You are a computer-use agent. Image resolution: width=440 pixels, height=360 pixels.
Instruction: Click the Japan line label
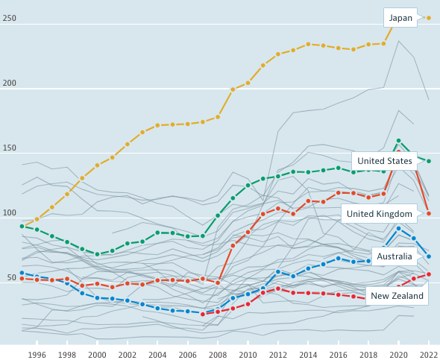pos(400,18)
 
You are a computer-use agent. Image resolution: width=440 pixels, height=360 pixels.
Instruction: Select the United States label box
pos(384,161)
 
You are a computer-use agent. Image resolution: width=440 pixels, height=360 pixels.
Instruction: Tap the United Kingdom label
pos(380,214)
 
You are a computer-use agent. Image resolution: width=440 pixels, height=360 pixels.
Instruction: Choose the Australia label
pos(395,256)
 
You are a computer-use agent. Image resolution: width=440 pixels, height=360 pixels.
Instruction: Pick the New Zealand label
pos(397,296)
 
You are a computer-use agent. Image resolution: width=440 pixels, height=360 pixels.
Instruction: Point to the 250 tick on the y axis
pos(10,19)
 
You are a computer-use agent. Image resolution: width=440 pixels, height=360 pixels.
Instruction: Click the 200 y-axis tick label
pos(10,83)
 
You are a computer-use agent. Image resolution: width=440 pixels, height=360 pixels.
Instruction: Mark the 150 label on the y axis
pos(10,148)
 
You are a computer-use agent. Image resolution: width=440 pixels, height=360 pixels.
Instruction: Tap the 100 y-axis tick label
pos(10,213)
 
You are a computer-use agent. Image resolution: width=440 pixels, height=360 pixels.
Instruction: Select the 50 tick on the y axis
pos(12,278)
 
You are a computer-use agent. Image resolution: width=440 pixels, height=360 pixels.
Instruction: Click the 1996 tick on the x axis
pos(37,355)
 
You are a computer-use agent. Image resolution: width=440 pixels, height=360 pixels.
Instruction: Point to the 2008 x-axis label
pos(218,355)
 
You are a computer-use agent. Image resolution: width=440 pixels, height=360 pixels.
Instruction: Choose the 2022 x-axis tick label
pos(428,355)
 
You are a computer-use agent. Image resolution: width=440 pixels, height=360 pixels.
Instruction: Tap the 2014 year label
pos(308,355)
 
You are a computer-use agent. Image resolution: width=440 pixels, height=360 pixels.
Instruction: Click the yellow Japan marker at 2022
pos(428,17)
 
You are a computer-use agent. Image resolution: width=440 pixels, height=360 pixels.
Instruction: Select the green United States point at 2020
pos(398,140)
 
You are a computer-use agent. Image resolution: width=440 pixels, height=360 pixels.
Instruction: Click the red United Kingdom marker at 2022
pos(428,214)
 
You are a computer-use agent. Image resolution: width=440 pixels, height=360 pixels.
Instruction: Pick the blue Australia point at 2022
pos(428,256)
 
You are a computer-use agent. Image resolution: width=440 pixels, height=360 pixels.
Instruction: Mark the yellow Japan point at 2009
pos(233,89)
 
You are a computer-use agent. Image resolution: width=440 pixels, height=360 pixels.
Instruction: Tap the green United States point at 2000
pos(97,254)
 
